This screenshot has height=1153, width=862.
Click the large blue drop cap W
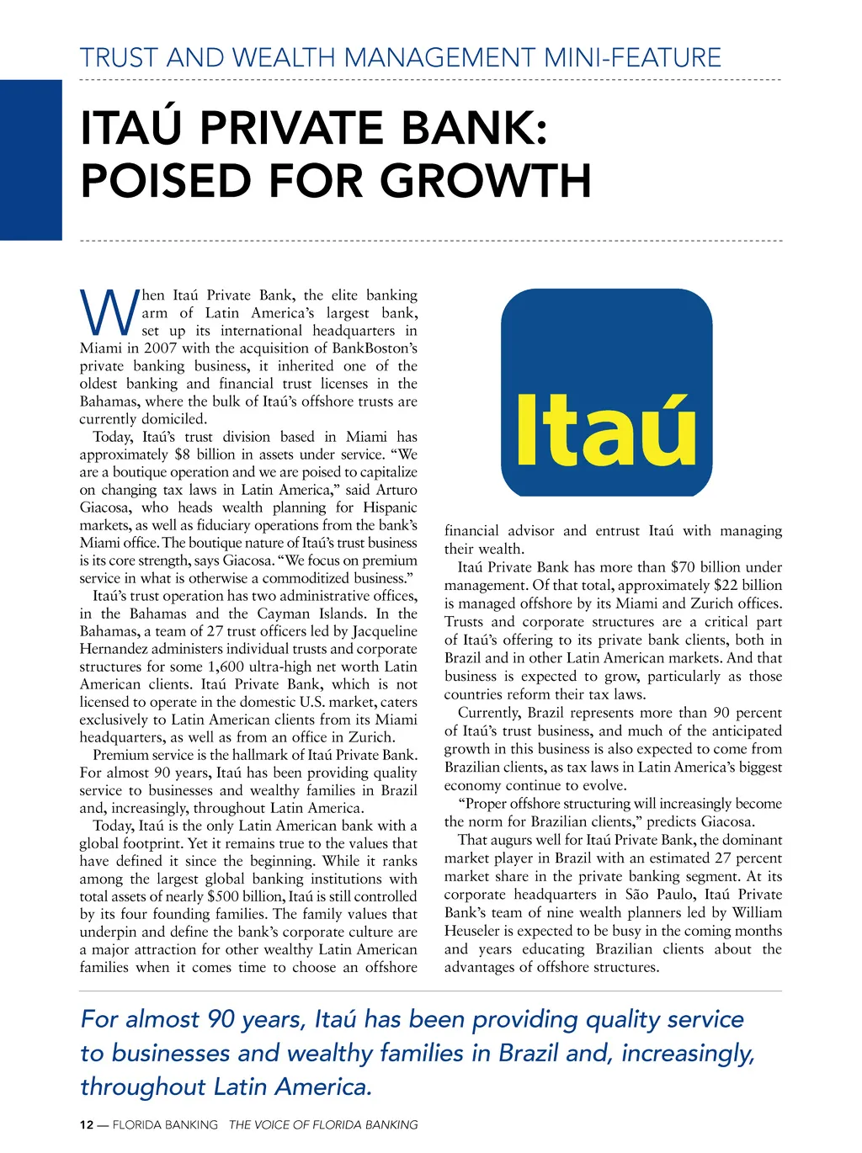tap(109, 313)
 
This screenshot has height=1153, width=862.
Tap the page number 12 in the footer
tap(86, 1125)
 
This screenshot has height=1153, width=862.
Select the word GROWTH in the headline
tap(486, 180)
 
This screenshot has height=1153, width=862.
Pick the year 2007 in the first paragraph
tap(161, 348)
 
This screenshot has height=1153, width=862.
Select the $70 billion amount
tap(704, 567)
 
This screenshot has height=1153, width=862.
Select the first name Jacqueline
tap(385, 631)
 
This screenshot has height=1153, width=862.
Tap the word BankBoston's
tap(375, 348)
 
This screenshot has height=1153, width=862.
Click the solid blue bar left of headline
tap(31, 160)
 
